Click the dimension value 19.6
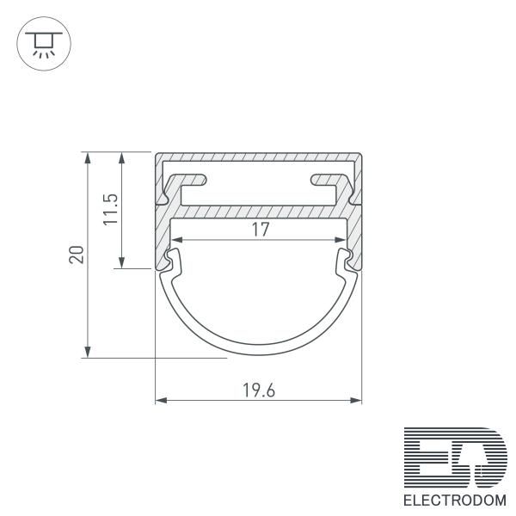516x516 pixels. click(x=259, y=390)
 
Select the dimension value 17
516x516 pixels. click(x=261, y=230)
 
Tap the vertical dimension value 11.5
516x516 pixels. click(x=111, y=209)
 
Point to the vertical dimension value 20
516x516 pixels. click(x=77, y=255)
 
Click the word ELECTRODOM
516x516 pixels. click(x=455, y=501)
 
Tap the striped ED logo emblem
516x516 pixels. click(x=456, y=458)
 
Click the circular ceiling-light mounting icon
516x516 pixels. click(x=44, y=44)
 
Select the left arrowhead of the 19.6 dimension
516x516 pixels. click(x=161, y=401)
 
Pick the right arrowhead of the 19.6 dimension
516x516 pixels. click(x=356, y=401)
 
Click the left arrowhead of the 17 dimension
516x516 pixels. click(x=177, y=240)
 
